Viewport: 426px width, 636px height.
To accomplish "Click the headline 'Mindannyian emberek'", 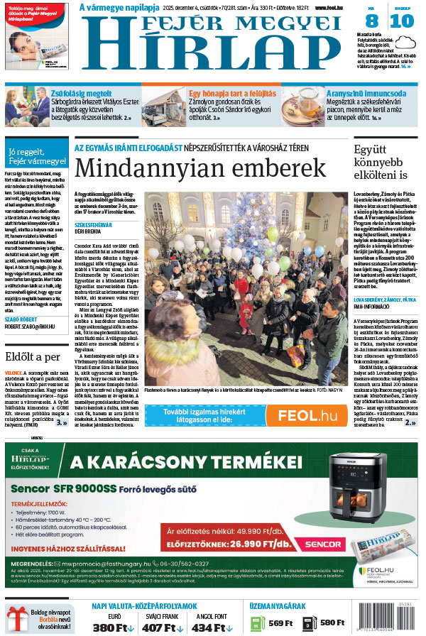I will click(202, 168).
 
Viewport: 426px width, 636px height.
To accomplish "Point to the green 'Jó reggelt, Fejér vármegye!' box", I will click(36, 156).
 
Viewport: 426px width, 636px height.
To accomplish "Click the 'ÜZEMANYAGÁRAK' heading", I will click(278, 606).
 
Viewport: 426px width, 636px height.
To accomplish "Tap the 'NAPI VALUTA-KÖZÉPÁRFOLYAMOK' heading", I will click(144, 606).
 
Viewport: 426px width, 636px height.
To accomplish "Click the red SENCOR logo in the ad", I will click(317, 544).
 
